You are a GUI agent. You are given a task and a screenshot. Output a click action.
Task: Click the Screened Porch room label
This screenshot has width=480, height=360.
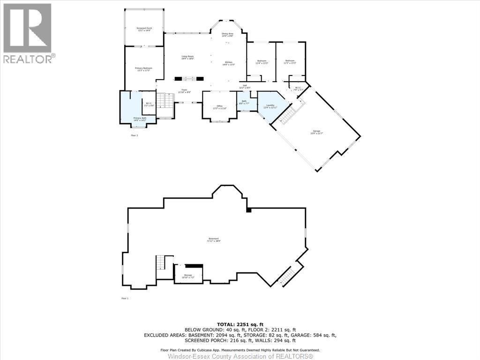click(144, 29)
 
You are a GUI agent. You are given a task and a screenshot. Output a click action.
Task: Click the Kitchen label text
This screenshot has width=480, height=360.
click(229, 63)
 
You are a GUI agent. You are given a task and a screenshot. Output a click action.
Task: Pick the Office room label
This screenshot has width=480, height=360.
click(219, 107)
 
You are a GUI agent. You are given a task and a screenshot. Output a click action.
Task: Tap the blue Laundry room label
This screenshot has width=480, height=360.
click(270, 106)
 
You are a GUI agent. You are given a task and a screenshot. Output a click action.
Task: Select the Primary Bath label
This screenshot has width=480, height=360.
click(140, 119)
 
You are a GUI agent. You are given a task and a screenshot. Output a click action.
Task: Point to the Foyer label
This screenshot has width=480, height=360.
click(185, 91)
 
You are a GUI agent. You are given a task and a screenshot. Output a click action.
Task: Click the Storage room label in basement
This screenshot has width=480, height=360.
click(187, 277)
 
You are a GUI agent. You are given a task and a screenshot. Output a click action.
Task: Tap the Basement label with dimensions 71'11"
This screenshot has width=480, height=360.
click(214, 240)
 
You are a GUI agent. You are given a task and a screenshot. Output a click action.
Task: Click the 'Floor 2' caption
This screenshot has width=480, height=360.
click(134, 135)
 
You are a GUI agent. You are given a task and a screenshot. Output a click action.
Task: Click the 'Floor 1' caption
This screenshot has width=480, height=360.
click(125, 298)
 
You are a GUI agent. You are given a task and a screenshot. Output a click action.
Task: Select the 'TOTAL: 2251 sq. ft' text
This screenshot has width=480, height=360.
click(240, 324)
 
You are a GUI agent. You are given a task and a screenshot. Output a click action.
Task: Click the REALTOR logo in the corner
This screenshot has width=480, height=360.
click(28, 33)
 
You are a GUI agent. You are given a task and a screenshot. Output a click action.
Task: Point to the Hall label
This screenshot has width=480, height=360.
click(245, 86)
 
